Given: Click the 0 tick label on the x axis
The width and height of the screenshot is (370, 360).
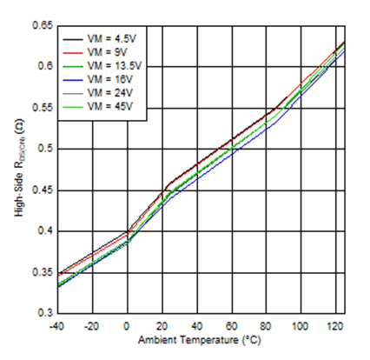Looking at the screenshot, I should pyautogui.click(x=128, y=325).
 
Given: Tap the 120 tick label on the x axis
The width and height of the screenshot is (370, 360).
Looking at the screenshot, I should pyautogui.click(x=333, y=325).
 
